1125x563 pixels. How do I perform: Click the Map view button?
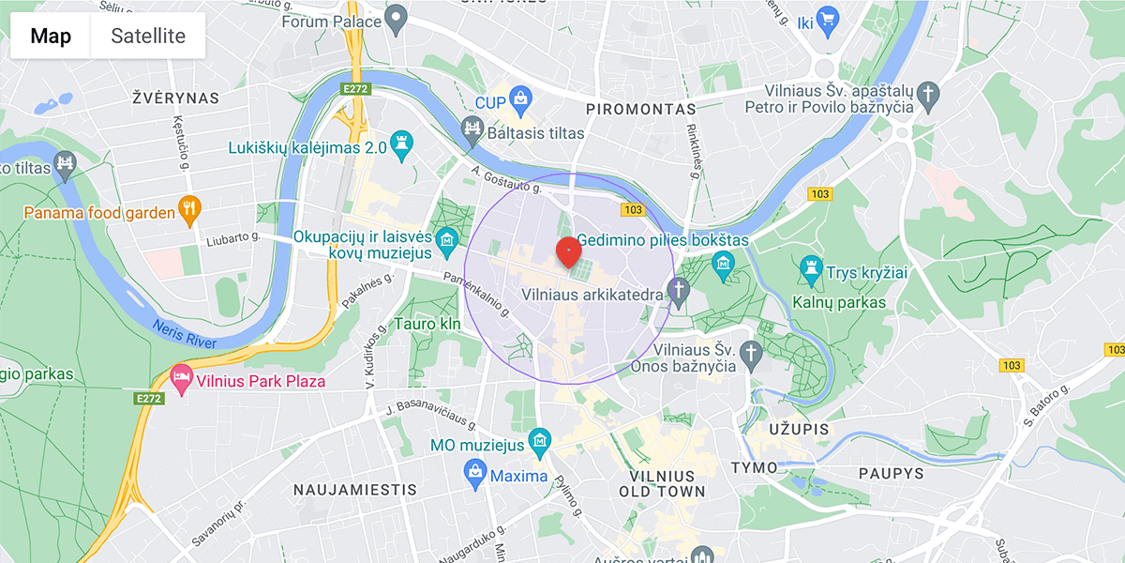pyautogui.click(x=51, y=37)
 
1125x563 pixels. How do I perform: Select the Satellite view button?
pyautogui.click(x=148, y=37)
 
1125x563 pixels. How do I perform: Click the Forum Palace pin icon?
pyautogui.click(x=397, y=17)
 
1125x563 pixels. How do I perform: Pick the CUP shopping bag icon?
pyautogui.click(x=521, y=97)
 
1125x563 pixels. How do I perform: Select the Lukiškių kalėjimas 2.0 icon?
pyautogui.click(x=402, y=142)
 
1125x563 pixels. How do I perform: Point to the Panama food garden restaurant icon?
pyautogui.click(x=190, y=208)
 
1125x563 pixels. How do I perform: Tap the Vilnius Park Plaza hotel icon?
pyautogui.click(x=181, y=380)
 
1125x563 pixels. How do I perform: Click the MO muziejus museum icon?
pyautogui.click(x=539, y=439)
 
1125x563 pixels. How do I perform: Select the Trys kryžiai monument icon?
pyautogui.click(x=811, y=271)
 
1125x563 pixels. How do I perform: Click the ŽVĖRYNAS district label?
pyautogui.click(x=175, y=98)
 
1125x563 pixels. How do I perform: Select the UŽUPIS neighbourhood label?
pyautogui.click(x=798, y=429)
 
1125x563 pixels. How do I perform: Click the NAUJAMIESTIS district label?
pyautogui.click(x=354, y=490)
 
